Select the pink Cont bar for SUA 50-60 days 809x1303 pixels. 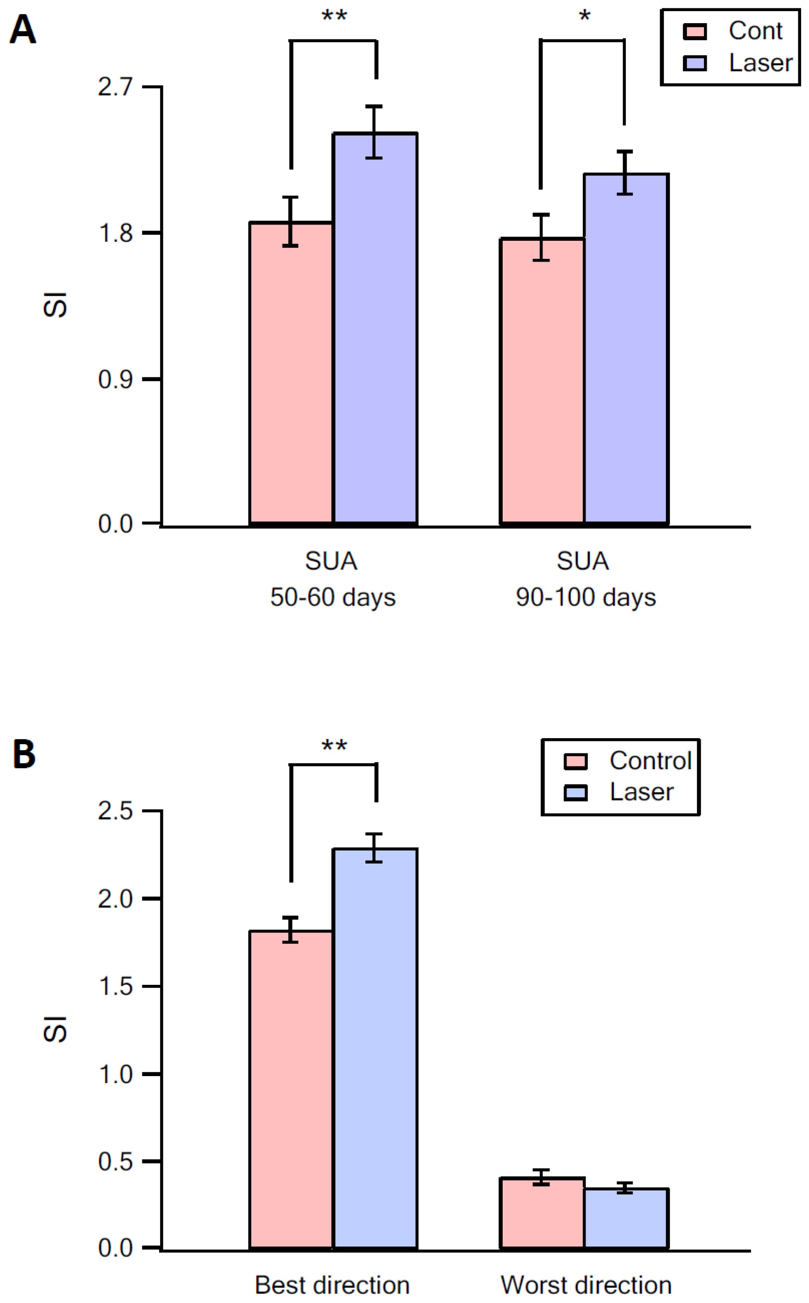click(291, 375)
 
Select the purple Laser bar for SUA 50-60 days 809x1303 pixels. click(375, 332)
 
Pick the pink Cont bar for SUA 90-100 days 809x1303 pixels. click(542, 383)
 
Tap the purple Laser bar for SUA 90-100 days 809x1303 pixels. click(626, 351)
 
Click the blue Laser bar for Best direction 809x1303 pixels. click(375, 1050)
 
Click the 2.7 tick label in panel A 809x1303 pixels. click(115, 87)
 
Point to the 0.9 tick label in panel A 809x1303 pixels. click(115, 379)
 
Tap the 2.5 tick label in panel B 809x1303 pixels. click(115, 811)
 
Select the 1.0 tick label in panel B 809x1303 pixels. click(115, 1074)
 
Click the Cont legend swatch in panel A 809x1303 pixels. click(694, 31)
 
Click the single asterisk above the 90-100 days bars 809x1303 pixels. click(584, 16)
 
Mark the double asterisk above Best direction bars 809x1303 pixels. click(334, 745)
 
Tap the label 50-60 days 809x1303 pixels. click(332, 598)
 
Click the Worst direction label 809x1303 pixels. click(586, 1285)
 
